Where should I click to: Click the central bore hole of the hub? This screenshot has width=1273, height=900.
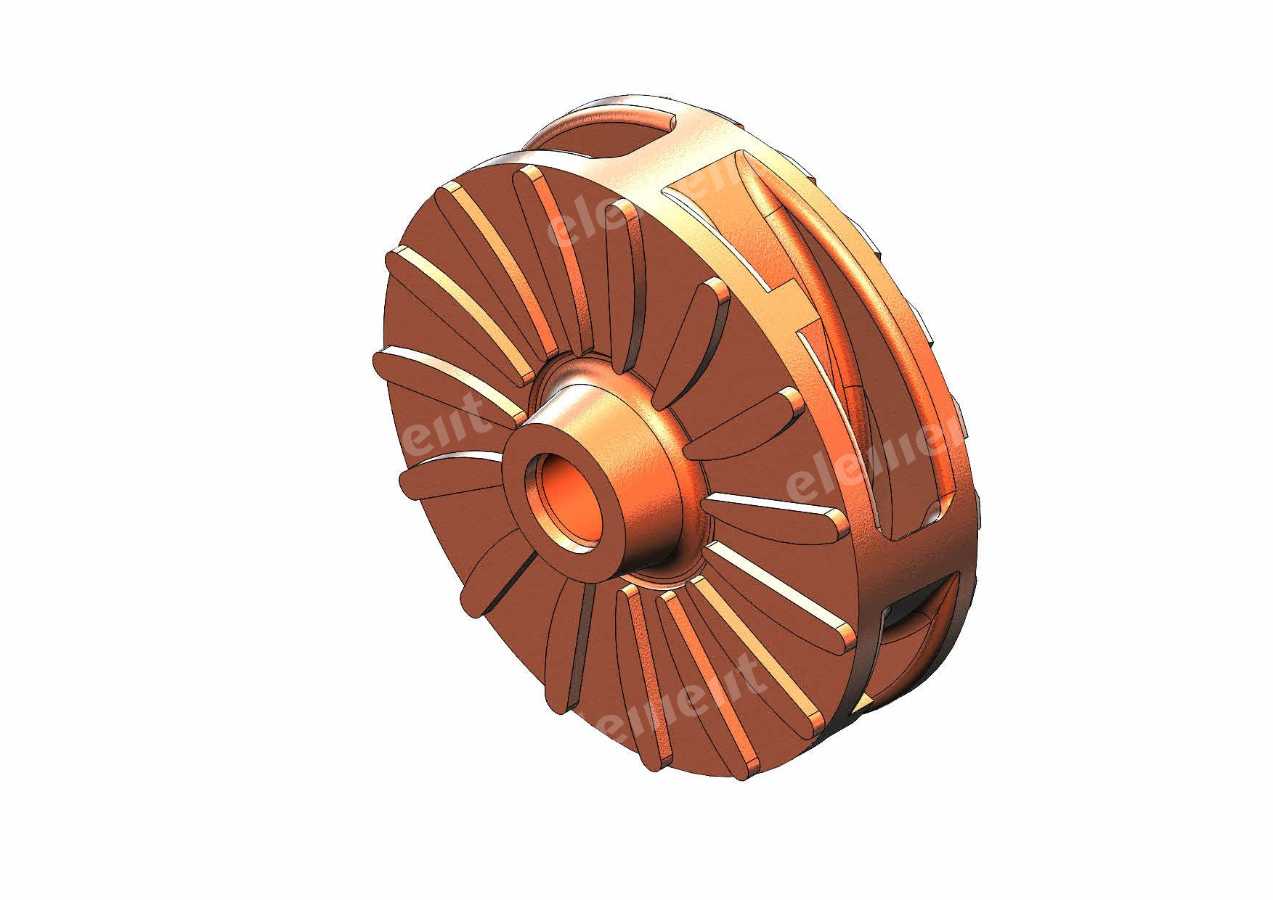pos(571,496)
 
